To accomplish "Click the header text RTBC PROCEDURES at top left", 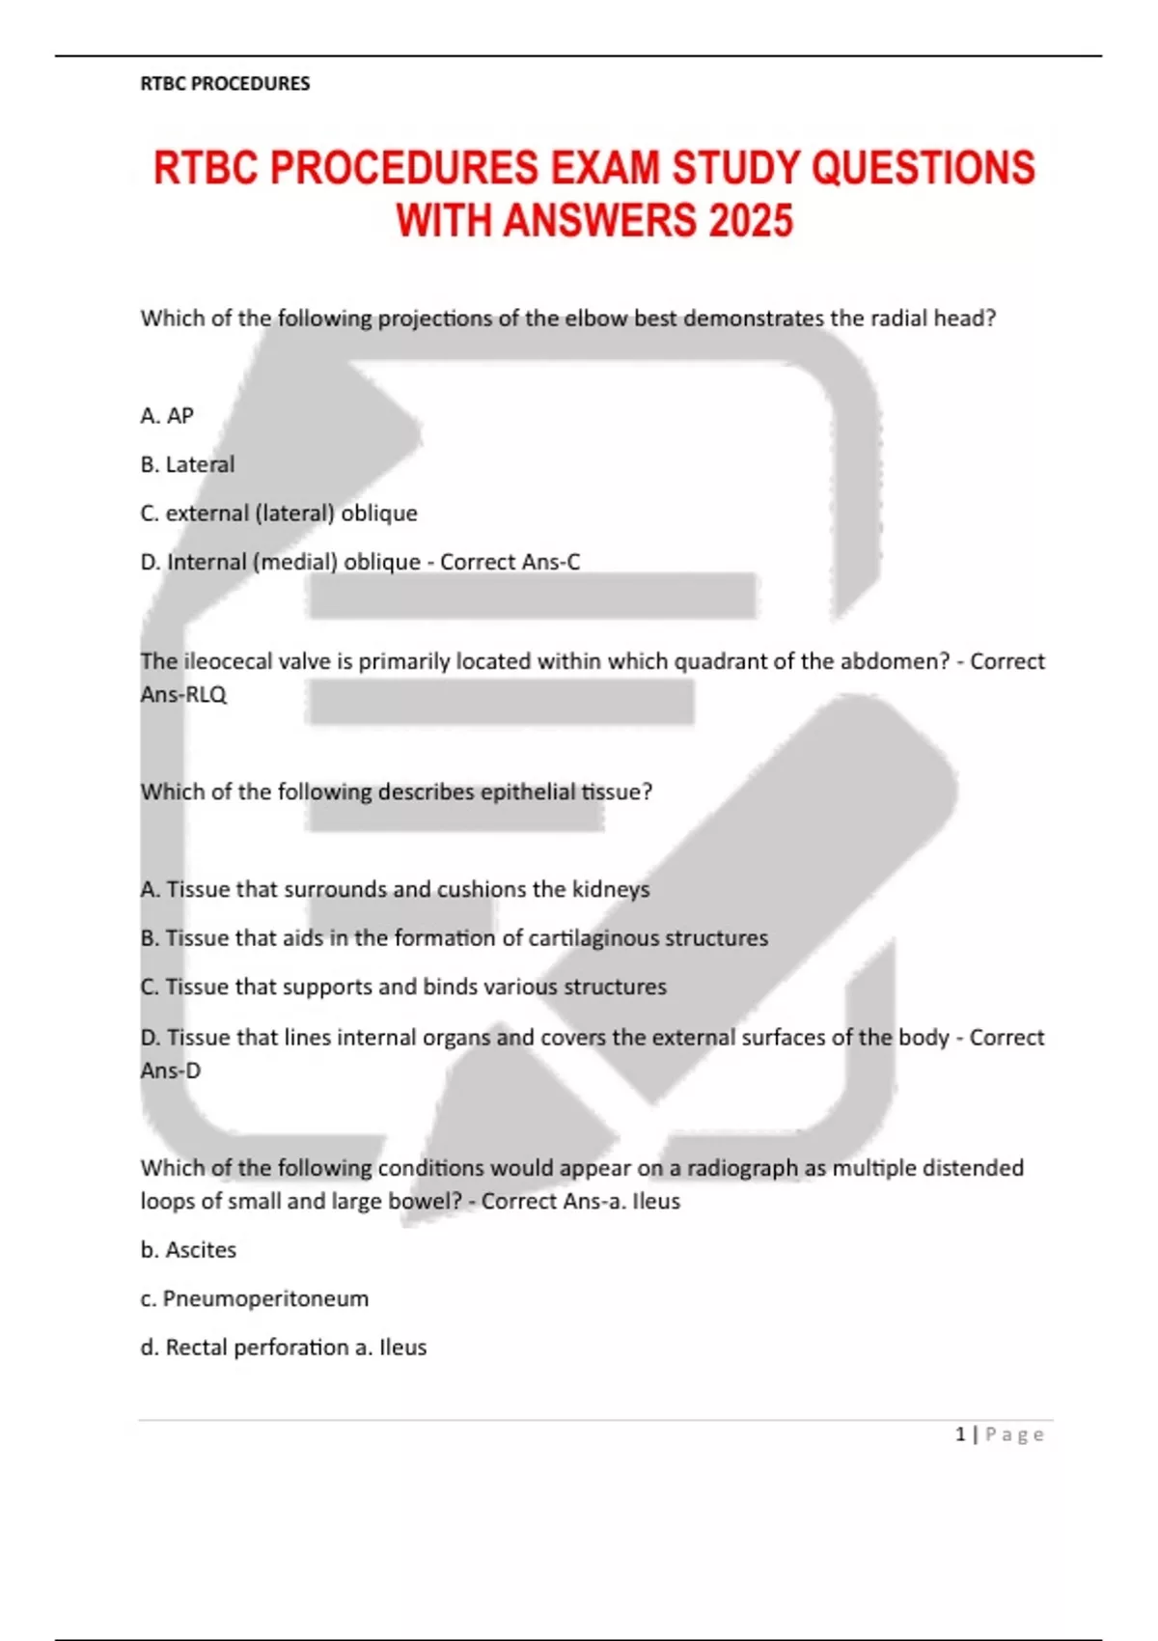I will pos(225,83).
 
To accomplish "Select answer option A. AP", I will pos(167,415).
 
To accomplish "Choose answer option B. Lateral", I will pos(187,464).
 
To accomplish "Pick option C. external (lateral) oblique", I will pos(279,513).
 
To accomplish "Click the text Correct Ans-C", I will pos(510,562).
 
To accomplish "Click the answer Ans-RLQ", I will pos(183,694).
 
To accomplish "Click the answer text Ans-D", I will pos(171,1070).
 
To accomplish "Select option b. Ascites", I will pos(188,1249).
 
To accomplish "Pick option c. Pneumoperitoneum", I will pos(255,1298).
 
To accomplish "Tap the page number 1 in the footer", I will pos(960,1434).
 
